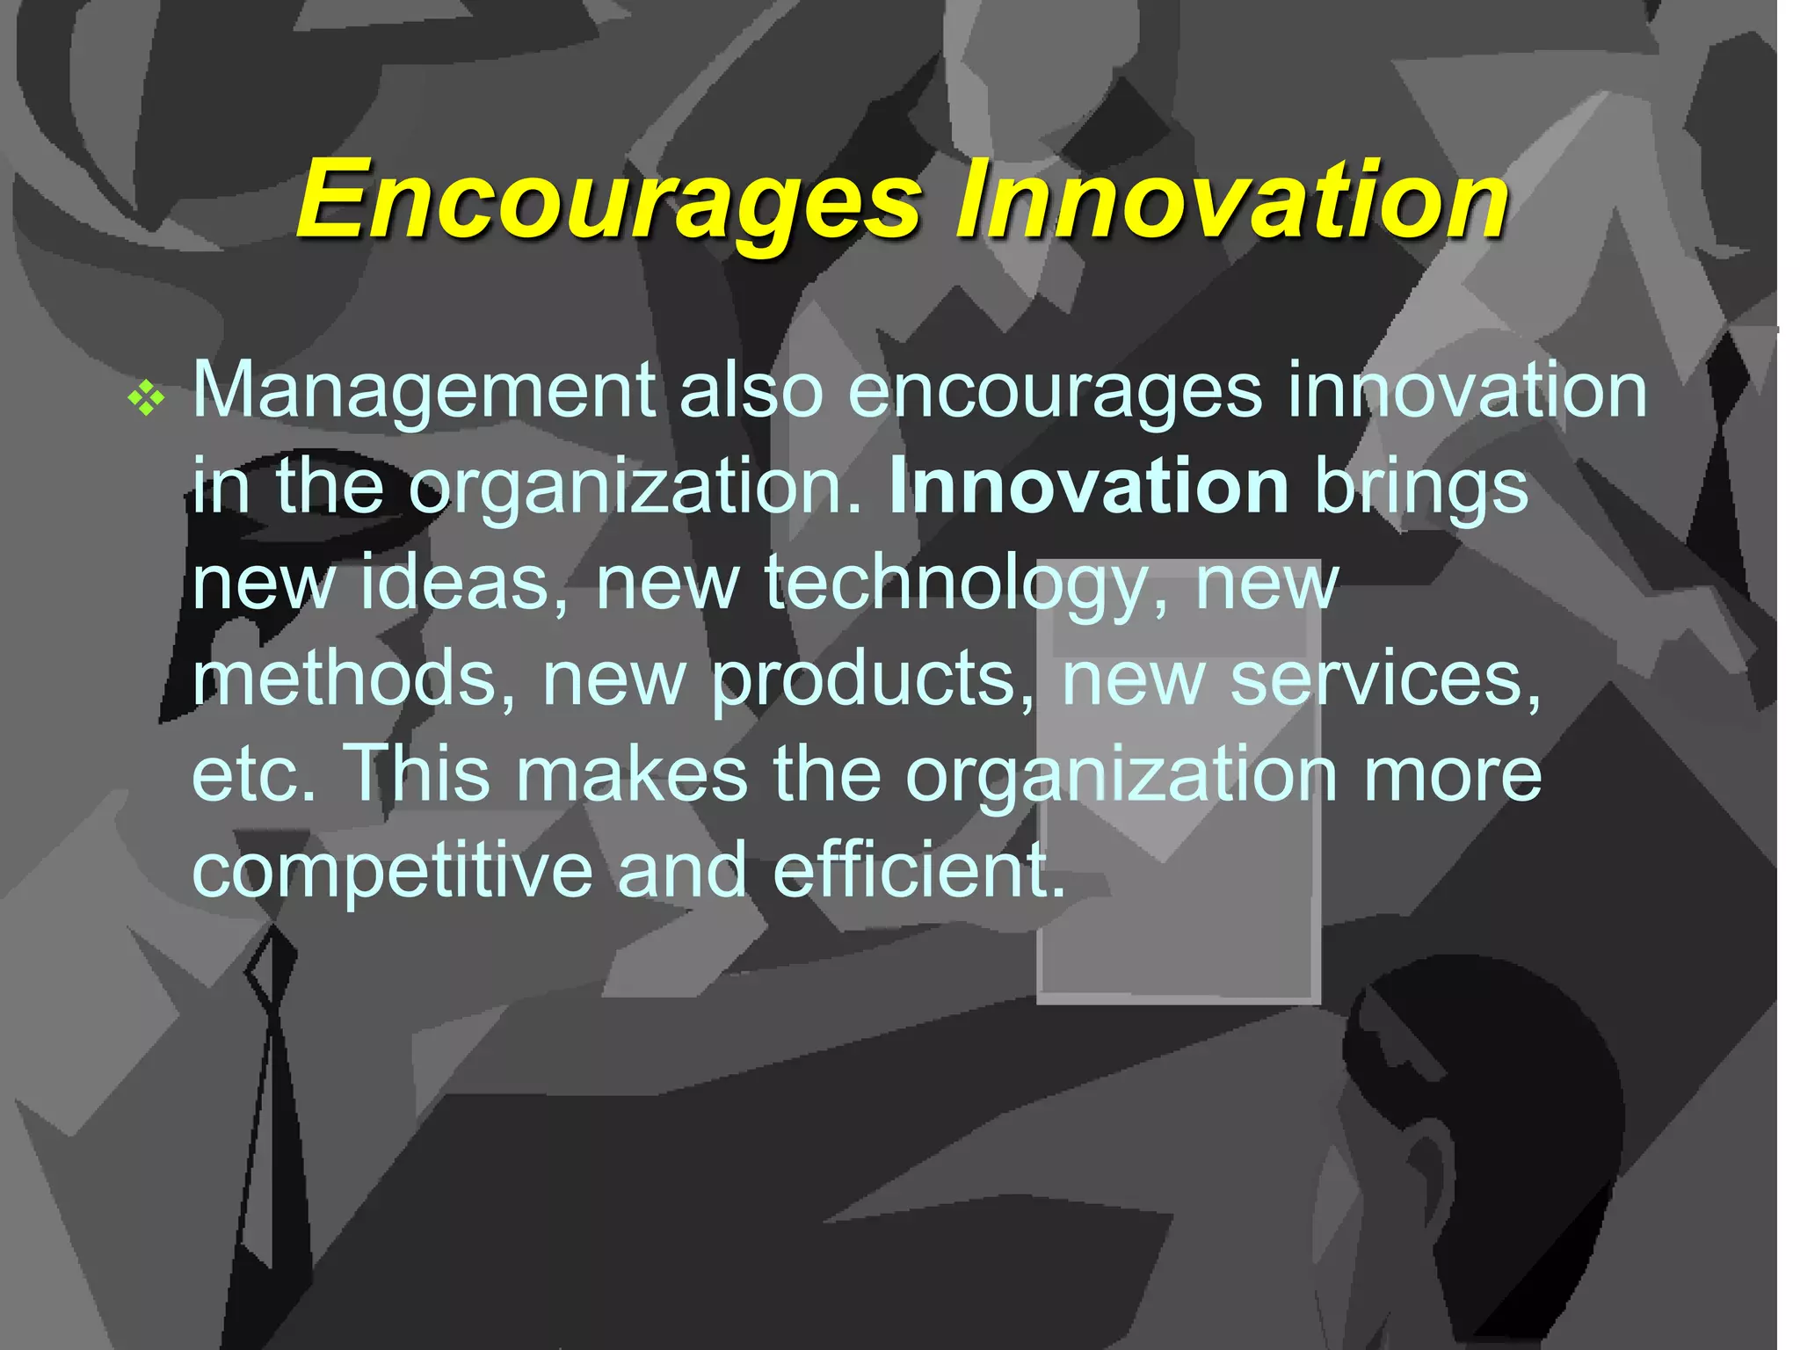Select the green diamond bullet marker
click(x=146, y=400)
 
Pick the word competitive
click(x=392, y=870)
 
